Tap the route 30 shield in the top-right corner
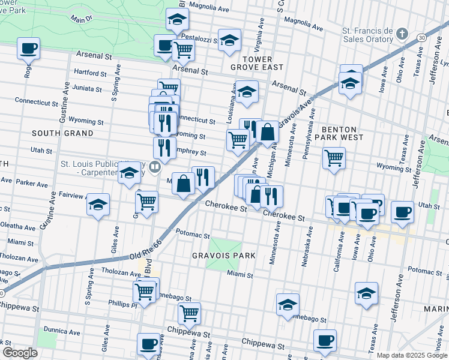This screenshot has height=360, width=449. pos(422,38)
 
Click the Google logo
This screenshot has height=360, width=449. pos(19,352)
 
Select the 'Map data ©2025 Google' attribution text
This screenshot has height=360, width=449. pos(412,355)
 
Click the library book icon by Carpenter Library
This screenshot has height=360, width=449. pos(155,167)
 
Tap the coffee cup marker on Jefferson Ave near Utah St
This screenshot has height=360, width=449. pos(402,212)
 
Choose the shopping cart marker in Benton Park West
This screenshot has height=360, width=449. pos(334,158)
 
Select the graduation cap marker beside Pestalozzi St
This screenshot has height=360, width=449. pos(229,40)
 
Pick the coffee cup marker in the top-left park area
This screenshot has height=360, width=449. pos(28,47)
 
